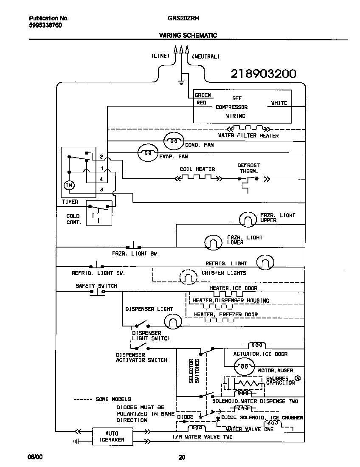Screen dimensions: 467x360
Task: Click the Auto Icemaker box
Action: point(112,437)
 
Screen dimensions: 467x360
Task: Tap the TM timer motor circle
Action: point(68,186)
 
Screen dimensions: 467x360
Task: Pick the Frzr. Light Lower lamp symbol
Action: point(214,242)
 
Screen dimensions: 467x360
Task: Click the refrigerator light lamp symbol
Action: point(265,262)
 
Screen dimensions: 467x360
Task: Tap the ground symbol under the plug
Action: point(181,81)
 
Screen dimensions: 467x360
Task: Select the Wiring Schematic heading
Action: point(188,36)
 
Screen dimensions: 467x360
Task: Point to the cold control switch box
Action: point(98,213)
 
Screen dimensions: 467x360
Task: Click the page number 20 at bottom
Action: point(181,457)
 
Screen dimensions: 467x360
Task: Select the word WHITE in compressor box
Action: point(279,103)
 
